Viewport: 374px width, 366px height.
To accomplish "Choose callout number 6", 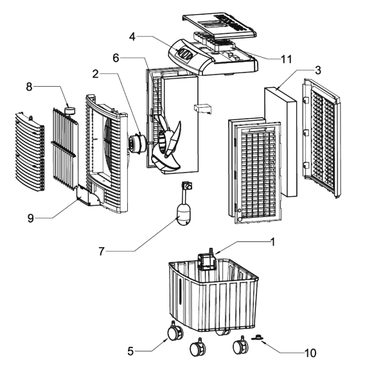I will [x=116, y=57].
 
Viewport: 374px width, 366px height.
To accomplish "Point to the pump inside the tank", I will [x=207, y=259].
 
